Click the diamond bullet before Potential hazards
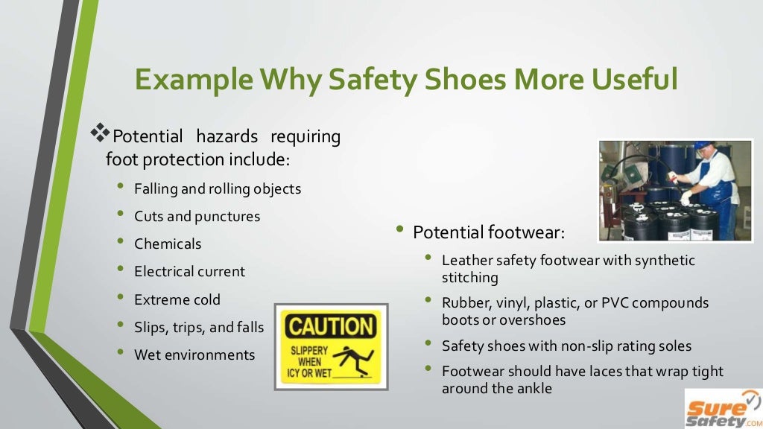(x=100, y=134)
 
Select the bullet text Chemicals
(x=168, y=244)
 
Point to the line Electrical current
(x=189, y=271)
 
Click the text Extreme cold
(x=177, y=299)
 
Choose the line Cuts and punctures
(x=197, y=216)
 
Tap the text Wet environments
(x=194, y=355)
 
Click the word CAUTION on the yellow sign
(x=331, y=325)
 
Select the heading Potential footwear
(x=489, y=232)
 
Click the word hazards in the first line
(x=227, y=136)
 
